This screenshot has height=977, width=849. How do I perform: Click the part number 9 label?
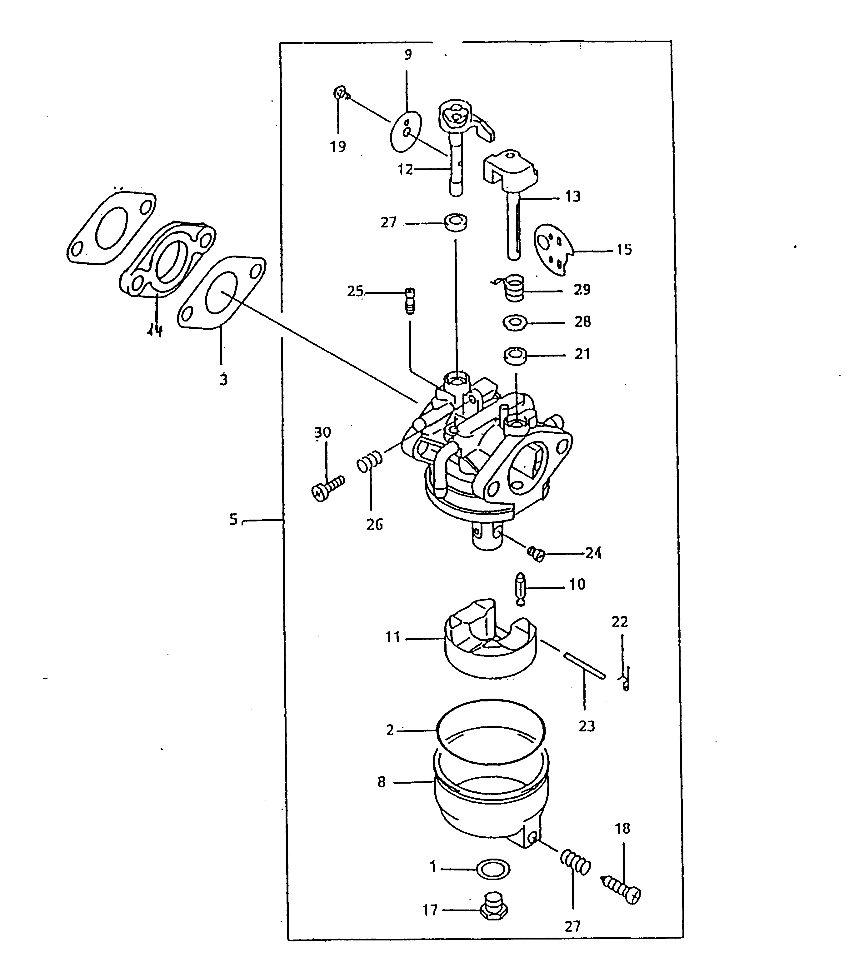tap(408, 55)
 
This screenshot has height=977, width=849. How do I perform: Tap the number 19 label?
tap(338, 147)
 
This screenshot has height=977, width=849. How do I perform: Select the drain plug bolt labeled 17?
tap(494, 909)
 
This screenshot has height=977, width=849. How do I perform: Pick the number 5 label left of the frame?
tap(233, 520)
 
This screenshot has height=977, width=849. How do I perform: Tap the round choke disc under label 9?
tap(406, 131)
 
